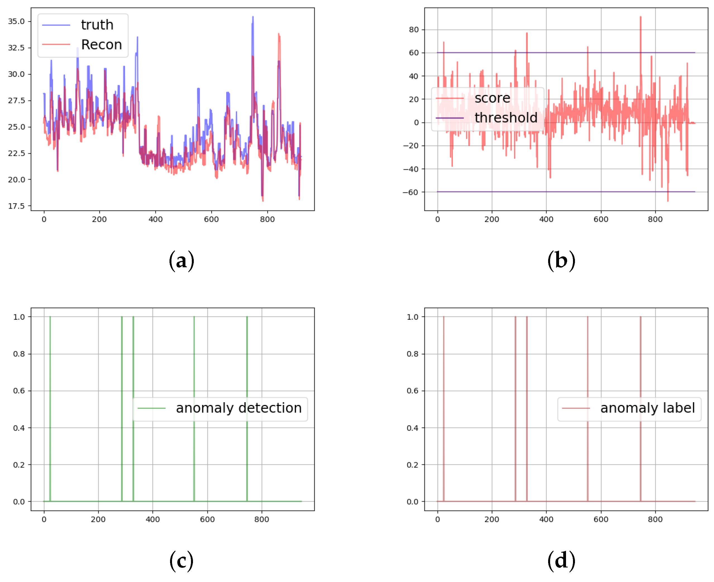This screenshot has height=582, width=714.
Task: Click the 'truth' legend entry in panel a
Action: click(x=97, y=25)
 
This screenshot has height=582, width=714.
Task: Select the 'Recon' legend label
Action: click(x=101, y=45)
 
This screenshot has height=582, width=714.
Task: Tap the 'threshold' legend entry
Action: click(x=505, y=118)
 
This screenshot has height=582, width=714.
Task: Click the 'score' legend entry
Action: click(x=492, y=98)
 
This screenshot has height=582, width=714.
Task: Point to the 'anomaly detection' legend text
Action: click(x=238, y=408)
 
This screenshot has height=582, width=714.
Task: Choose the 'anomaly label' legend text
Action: click(x=647, y=408)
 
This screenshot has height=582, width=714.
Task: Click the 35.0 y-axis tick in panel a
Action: click(x=16, y=22)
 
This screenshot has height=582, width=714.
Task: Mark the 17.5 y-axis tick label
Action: click(x=16, y=206)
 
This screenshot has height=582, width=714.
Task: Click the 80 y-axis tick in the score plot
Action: click(x=414, y=30)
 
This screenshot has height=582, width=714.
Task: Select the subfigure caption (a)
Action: click(x=181, y=261)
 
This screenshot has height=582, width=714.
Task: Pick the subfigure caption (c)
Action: click(x=181, y=560)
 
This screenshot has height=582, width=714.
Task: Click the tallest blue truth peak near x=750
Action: click(x=253, y=17)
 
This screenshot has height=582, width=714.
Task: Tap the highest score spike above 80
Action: click(x=640, y=17)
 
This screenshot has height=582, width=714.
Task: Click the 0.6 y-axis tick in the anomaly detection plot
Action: click(x=19, y=391)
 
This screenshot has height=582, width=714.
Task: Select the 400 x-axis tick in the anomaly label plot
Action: click(x=546, y=519)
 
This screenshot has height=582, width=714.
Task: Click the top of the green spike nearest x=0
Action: click(x=50, y=317)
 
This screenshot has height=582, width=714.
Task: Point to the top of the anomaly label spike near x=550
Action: click(x=587, y=317)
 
